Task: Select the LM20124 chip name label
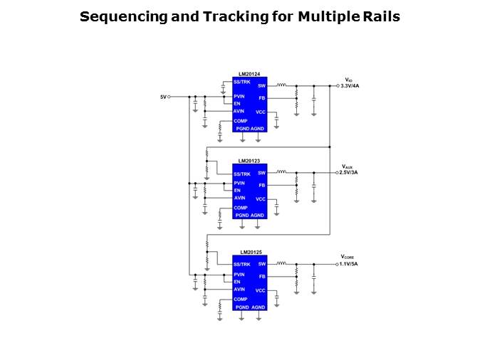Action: [x=249, y=74]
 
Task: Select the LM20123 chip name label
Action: [x=249, y=161]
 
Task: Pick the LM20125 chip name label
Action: [x=250, y=252]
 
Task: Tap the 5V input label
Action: [x=163, y=96]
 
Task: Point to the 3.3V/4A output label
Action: [x=350, y=85]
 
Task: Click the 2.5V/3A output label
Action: [x=350, y=172]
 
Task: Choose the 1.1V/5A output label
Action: [x=350, y=263]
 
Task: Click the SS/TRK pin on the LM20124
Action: [x=242, y=83]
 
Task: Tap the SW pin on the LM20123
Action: [x=261, y=173]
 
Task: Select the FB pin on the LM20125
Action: [x=261, y=276]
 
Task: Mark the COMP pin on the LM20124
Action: [x=241, y=121]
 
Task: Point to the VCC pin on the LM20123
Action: [x=261, y=199]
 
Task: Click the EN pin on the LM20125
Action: [x=237, y=282]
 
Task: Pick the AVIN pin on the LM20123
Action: [x=239, y=198]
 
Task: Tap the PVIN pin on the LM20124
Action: [x=239, y=96]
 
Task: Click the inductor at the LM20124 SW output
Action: [x=281, y=85]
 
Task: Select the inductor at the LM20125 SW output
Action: [x=281, y=263]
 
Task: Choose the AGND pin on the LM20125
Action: [x=257, y=307]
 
